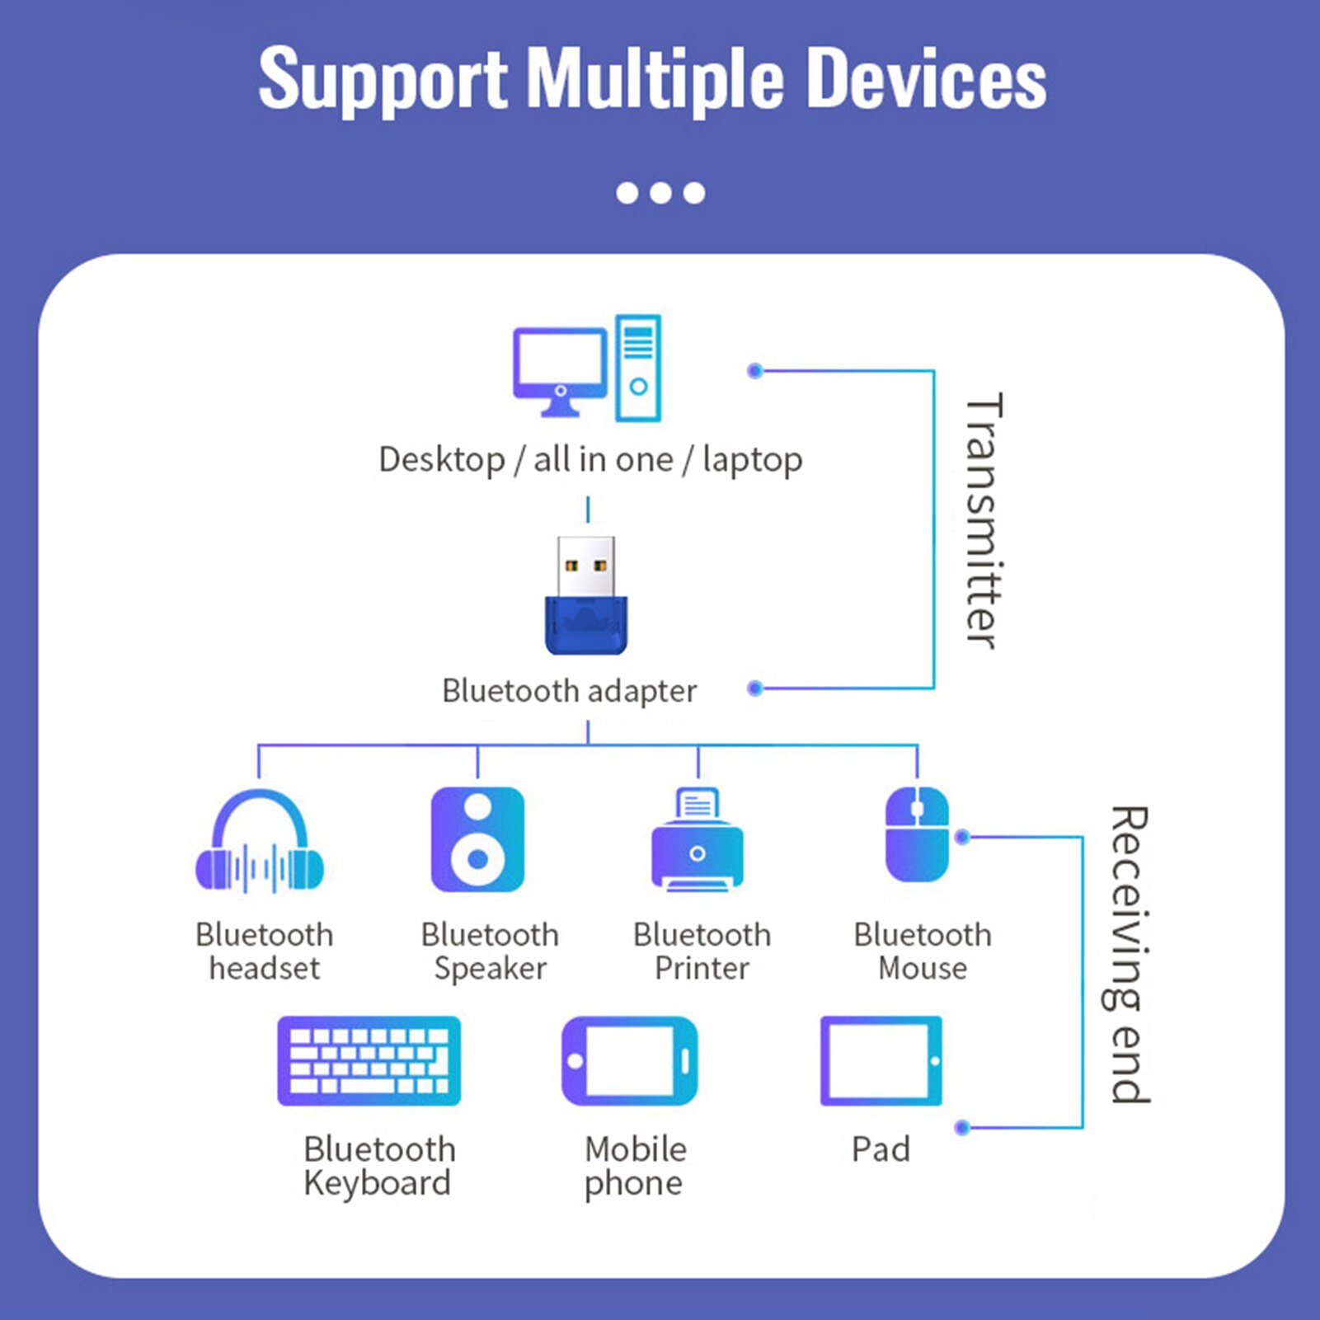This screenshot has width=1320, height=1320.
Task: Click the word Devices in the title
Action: tap(925, 78)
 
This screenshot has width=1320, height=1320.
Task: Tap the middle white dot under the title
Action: tap(660, 193)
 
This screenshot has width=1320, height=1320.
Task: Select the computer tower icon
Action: tap(638, 368)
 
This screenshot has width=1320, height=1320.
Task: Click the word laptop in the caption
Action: tap(752, 459)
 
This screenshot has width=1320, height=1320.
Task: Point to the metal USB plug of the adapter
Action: tap(585, 566)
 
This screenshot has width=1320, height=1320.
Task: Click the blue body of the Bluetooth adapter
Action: tap(586, 626)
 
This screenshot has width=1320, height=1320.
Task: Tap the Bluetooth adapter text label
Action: tap(569, 691)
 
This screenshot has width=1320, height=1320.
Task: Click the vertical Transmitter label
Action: tap(983, 521)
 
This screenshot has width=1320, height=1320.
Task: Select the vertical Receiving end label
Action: tap(1129, 954)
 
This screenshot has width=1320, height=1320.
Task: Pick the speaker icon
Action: tap(477, 839)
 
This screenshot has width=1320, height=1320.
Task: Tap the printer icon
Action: tap(698, 841)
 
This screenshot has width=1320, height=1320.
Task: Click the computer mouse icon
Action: tap(917, 834)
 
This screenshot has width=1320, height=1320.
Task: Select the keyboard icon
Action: tap(369, 1060)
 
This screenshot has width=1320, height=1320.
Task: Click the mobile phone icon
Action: tap(630, 1060)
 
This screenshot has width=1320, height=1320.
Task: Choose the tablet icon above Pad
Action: tap(881, 1060)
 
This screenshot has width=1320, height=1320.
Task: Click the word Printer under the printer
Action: tap(702, 969)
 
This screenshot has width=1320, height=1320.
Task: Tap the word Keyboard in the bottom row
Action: tap(377, 1183)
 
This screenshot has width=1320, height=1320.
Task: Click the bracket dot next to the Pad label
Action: tap(961, 1127)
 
